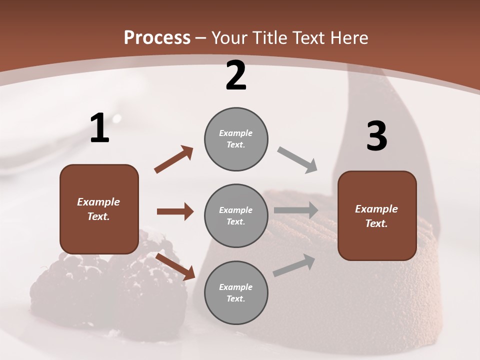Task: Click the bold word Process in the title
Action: click(157, 37)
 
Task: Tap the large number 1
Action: click(99, 128)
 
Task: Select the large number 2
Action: click(236, 75)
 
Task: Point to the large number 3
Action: click(376, 136)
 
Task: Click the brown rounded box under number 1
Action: click(99, 209)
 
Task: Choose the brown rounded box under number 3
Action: click(377, 215)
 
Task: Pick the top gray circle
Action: click(236, 139)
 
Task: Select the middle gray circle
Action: click(236, 215)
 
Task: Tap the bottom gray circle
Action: click(236, 292)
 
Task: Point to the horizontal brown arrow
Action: click(175, 211)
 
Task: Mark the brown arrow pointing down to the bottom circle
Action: click(175, 266)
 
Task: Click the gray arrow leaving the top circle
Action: click(297, 160)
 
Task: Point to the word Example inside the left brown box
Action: click(98, 202)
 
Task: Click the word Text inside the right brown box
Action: click(376, 223)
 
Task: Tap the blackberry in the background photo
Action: click(65, 285)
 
